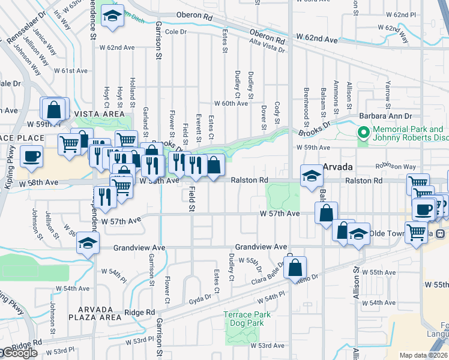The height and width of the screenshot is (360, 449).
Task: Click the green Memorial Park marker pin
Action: tap(363, 132)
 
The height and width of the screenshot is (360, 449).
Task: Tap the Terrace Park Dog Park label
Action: tap(247, 319)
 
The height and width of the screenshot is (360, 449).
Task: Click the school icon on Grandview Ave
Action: tap(88, 244)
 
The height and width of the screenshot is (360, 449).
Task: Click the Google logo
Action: tap(19, 353)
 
